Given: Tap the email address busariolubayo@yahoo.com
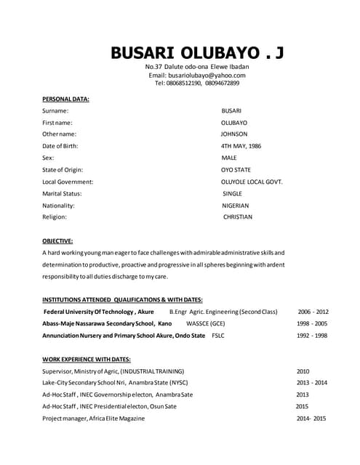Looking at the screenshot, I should tap(197, 75).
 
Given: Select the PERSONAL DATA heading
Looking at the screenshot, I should tap(65, 99).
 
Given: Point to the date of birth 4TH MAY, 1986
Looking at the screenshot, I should tap(241, 146).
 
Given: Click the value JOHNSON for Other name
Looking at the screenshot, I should tap(234, 134).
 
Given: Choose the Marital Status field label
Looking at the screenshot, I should tap(62, 193).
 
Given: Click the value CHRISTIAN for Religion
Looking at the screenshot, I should tap(237, 217).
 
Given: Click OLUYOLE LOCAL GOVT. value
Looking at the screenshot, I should tap(252, 182).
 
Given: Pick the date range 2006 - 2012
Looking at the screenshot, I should tap(313, 312).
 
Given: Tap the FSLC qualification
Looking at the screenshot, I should tap(218, 336).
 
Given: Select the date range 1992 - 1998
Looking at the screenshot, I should tap(311, 336).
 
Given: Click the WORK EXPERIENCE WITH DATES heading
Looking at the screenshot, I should tap(86, 359).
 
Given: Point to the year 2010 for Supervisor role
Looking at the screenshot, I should tap(303, 371).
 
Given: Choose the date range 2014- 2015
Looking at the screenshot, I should tap(311, 418).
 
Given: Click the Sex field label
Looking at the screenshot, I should tap(48, 158).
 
